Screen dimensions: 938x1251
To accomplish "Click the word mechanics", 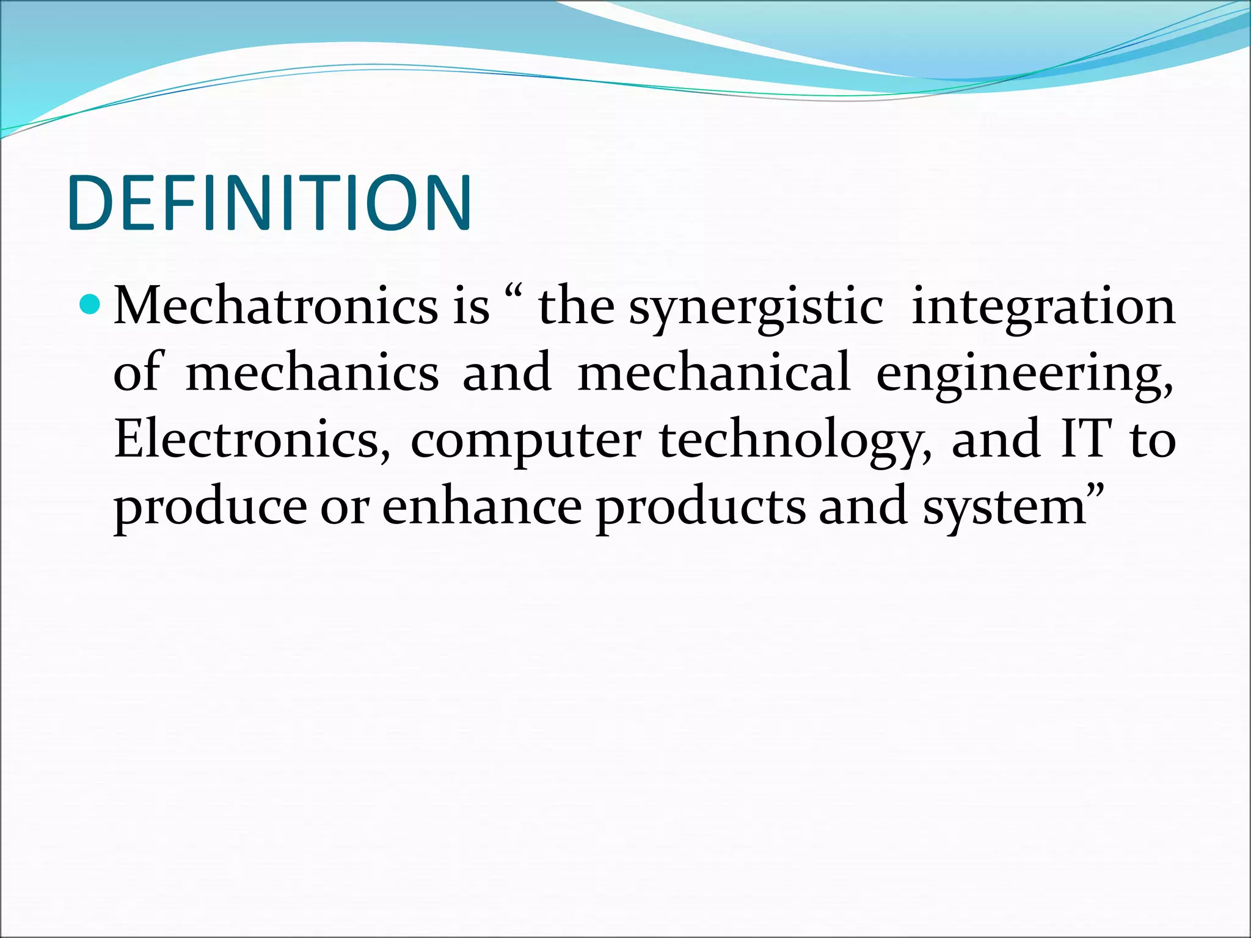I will point(312,373).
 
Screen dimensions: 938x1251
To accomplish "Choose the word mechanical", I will point(713,373).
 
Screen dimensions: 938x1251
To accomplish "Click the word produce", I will point(210,509).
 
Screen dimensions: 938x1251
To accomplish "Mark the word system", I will point(1004,509).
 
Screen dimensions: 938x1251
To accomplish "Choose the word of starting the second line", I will point(137,373).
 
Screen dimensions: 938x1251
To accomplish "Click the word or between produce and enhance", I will point(345,509).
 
